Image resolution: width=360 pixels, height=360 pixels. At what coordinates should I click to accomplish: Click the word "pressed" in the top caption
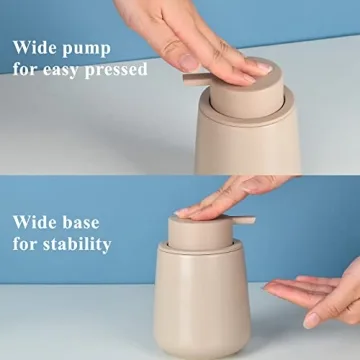pyautogui.click(x=118, y=71)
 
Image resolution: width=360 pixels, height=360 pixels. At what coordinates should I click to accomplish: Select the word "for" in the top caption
pyautogui.click(x=27, y=71)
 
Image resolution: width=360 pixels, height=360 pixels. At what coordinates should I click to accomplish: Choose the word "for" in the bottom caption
pyautogui.click(x=27, y=243)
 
